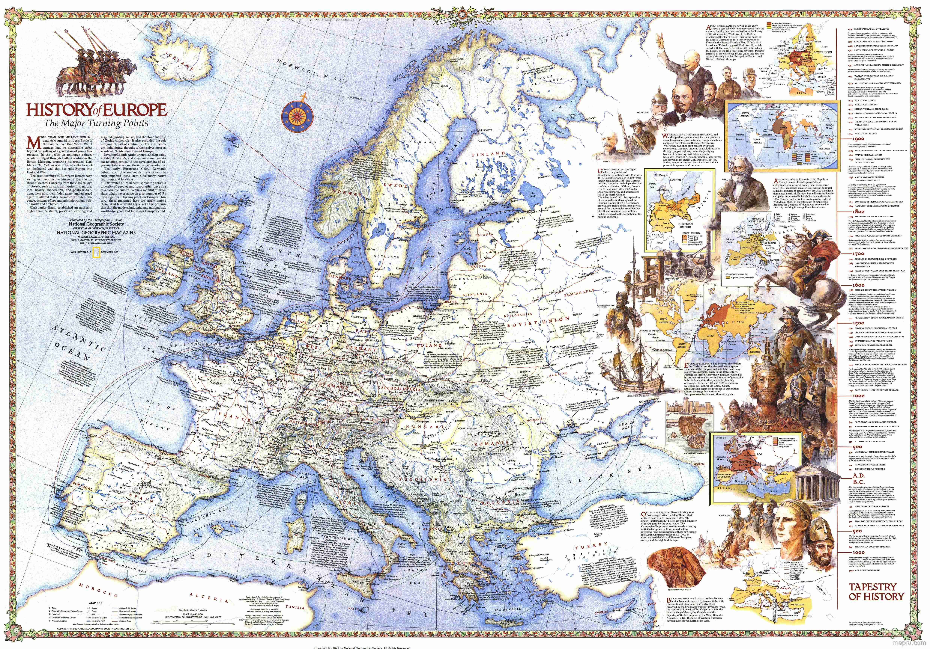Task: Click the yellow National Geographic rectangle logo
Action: (x=96, y=252)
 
